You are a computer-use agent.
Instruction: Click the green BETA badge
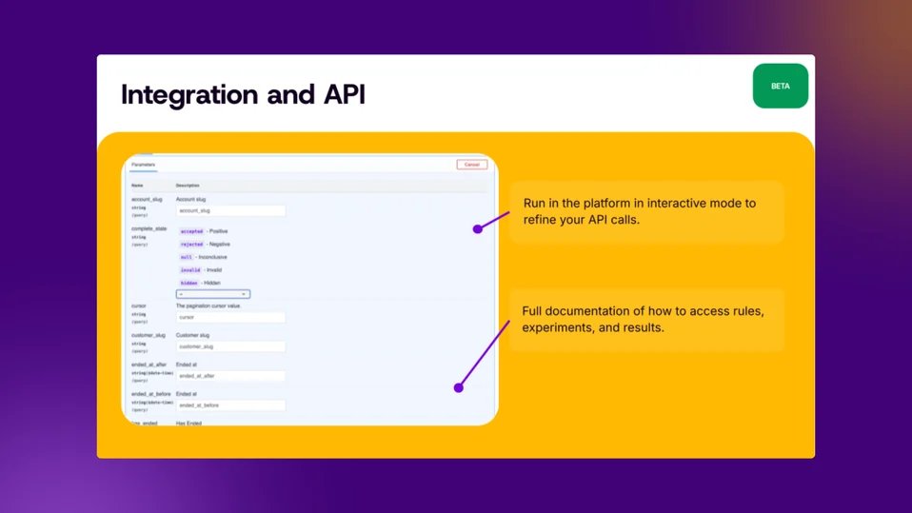[780, 86]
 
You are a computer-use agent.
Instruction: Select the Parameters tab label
[143, 165]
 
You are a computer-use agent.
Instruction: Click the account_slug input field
[230, 210]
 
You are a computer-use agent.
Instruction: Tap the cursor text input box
[230, 317]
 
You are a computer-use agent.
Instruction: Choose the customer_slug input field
[230, 347]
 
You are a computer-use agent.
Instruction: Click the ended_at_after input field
[230, 376]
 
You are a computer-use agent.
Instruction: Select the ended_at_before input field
[230, 405]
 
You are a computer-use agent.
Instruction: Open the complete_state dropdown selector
[213, 294]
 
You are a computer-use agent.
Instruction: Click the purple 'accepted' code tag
[191, 231]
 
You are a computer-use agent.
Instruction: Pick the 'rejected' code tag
[191, 245]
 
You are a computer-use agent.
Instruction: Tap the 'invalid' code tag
[190, 270]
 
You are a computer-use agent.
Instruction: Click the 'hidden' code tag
[188, 284]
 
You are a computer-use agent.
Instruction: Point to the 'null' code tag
[186, 257]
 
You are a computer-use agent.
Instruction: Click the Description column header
[188, 185]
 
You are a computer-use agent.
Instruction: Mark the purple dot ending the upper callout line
[478, 228]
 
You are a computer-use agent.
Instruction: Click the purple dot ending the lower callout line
[458, 387]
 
